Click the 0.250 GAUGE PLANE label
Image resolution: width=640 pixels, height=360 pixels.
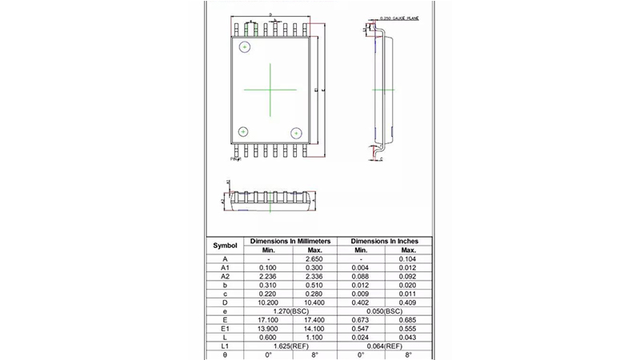click(400, 17)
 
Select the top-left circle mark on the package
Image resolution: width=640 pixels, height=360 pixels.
click(244, 46)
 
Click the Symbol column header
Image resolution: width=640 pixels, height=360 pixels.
click(226, 245)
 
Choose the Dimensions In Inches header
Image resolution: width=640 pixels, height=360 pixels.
click(386, 241)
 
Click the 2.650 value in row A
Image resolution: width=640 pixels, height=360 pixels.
click(314, 259)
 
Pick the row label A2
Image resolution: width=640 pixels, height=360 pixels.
click(226, 276)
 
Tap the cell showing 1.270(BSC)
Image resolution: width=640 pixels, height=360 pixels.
click(290, 310)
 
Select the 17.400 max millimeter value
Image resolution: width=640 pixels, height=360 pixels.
click(314, 318)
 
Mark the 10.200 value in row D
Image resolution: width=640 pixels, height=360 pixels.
click(267, 302)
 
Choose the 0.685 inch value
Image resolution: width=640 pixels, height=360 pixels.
click(410, 318)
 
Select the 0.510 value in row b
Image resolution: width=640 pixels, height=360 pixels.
click(314, 285)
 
